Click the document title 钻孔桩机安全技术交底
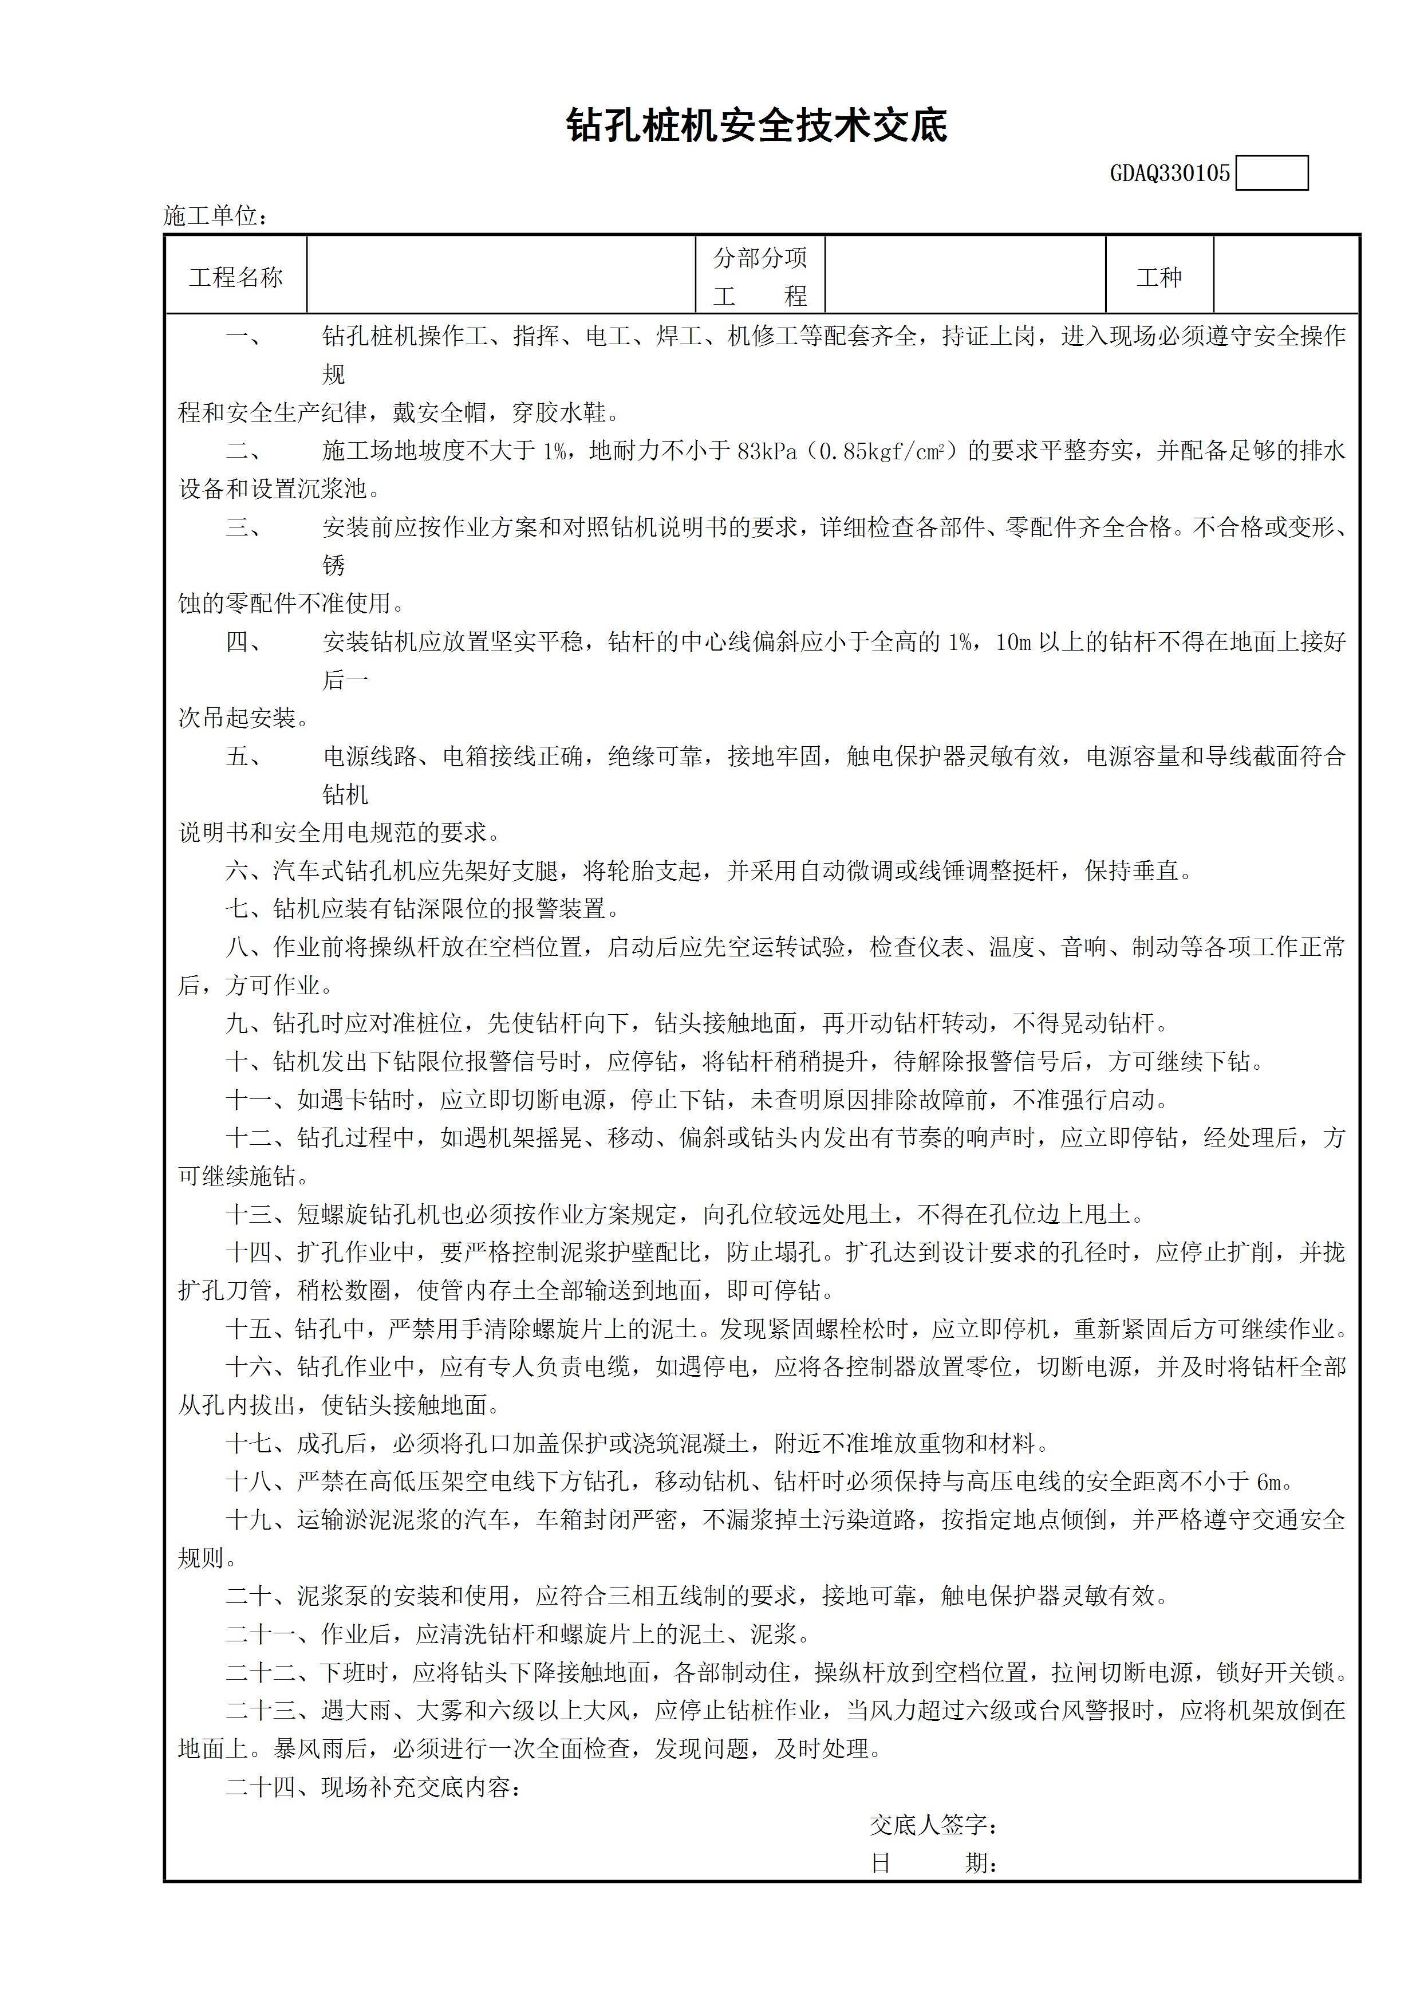pyautogui.click(x=757, y=126)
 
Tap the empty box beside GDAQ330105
pyautogui.click(x=1272, y=174)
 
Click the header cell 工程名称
pyautogui.click(x=235, y=277)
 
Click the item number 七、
pyautogui.click(x=249, y=909)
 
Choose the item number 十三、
pyautogui.click(x=261, y=1215)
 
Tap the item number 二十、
pyautogui.click(x=261, y=1596)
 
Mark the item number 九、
pyautogui.click(x=249, y=1024)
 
